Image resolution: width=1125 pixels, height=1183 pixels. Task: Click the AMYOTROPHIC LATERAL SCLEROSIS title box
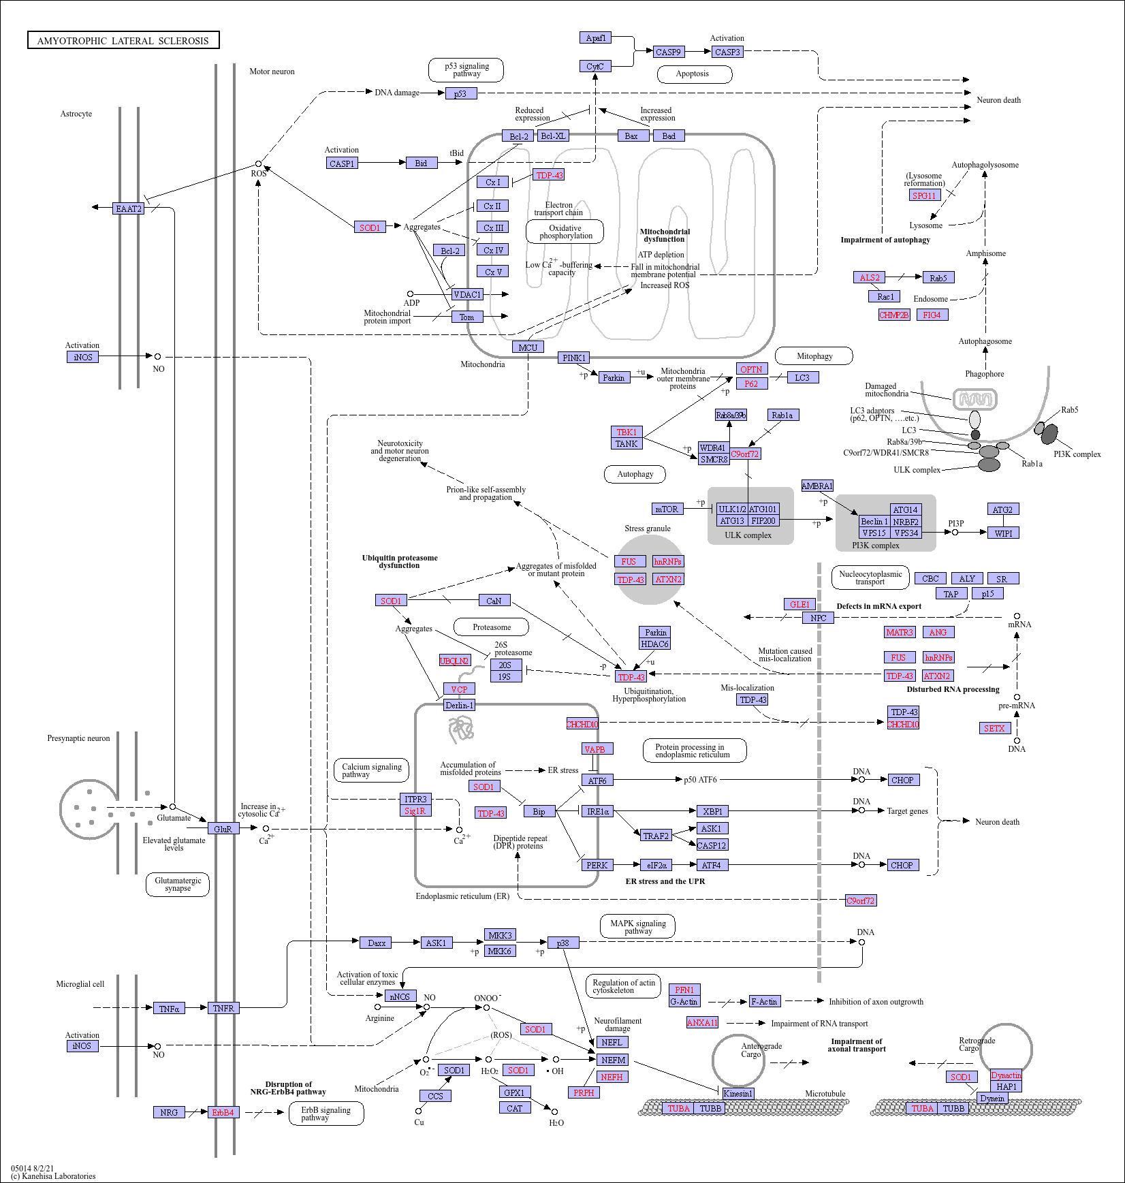click(123, 40)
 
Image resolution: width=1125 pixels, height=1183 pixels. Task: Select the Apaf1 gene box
click(596, 37)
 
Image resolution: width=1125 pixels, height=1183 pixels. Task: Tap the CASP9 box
click(668, 52)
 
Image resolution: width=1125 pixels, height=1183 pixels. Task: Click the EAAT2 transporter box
click(128, 208)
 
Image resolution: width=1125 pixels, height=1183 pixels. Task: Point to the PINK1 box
click(573, 358)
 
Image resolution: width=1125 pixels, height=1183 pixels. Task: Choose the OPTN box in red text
click(752, 369)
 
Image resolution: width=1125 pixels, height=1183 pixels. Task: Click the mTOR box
click(667, 509)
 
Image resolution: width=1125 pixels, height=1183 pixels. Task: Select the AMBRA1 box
click(817, 486)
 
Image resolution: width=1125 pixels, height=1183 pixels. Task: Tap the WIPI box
click(1003, 533)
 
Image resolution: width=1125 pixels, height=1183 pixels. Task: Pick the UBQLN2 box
click(454, 661)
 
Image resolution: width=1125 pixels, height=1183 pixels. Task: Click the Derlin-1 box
click(459, 705)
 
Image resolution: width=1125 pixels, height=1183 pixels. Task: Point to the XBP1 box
click(712, 811)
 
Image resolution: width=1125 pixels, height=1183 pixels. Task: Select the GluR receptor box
click(223, 829)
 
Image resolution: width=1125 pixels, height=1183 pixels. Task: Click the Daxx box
click(377, 943)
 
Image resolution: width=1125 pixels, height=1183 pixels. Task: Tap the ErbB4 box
click(223, 1112)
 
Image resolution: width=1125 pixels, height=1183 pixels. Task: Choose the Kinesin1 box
click(738, 1094)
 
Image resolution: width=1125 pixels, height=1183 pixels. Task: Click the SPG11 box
click(925, 195)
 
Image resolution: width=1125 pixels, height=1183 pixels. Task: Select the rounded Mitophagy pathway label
click(814, 356)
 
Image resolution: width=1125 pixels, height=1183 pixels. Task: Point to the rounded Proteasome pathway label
click(492, 627)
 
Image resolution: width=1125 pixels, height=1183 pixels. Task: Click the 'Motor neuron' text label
click(272, 72)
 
